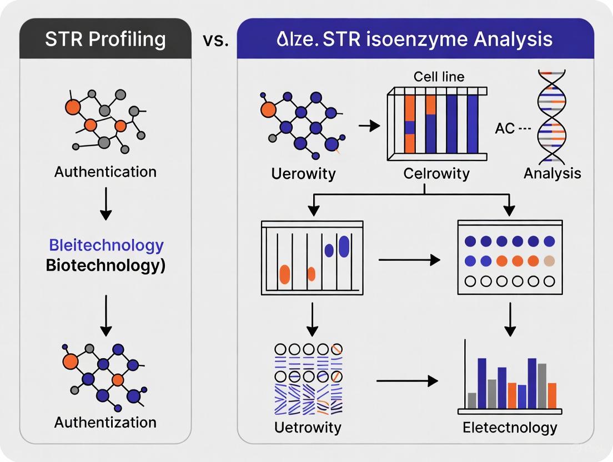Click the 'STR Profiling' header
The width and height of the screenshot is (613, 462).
tap(105, 39)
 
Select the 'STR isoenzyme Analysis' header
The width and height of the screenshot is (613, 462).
tap(415, 39)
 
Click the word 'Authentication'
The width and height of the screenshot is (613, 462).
tap(105, 172)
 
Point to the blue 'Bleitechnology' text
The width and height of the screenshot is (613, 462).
tap(106, 245)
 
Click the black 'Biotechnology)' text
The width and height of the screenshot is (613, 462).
tap(105, 265)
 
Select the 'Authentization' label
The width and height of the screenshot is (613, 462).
tap(105, 422)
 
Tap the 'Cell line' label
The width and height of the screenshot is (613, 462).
tap(439, 77)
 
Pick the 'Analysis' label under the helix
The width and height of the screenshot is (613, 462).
tap(552, 173)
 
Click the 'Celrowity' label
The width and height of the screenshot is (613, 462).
tap(436, 173)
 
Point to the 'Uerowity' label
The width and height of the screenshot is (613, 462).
tap(303, 173)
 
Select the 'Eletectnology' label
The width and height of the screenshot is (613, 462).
tap(509, 427)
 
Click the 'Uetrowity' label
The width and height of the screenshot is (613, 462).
tap(308, 427)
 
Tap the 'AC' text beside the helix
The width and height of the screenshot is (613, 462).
tap(505, 128)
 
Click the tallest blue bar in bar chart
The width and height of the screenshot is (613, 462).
tap(482, 383)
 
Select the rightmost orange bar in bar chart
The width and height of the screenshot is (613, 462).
tap(552, 395)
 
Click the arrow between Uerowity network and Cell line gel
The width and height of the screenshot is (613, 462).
tap(367, 127)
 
